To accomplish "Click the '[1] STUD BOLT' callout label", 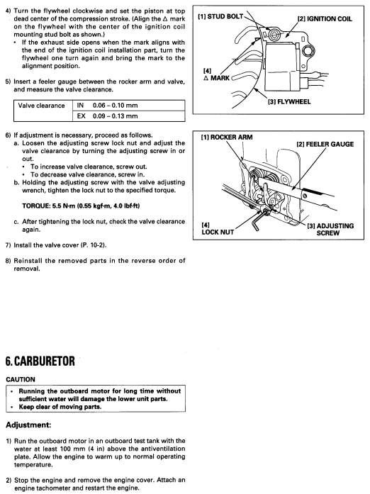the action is [x=220, y=16].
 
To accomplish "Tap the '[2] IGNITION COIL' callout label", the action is [x=325, y=19].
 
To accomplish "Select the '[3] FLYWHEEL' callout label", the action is [x=289, y=102].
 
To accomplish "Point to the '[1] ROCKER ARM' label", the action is [x=227, y=137].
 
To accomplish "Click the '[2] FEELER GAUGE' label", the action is [x=325, y=145].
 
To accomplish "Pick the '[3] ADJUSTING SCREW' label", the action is [x=330, y=230].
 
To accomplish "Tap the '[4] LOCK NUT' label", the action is [x=218, y=229].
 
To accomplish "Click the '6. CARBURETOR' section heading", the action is [x=40, y=361].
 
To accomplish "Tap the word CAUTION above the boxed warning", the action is [x=21, y=379].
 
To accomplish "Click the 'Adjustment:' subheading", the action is [x=28, y=425].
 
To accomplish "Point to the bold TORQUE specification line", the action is [x=81, y=206].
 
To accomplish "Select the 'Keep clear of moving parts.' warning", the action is [x=60, y=407].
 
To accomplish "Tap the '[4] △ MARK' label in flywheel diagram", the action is [x=216, y=74].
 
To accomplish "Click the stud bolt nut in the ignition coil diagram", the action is [x=275, y=32].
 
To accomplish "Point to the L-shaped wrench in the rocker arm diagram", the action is [x=257, y=220].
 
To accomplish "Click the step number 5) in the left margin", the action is [x=9, y=82].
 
